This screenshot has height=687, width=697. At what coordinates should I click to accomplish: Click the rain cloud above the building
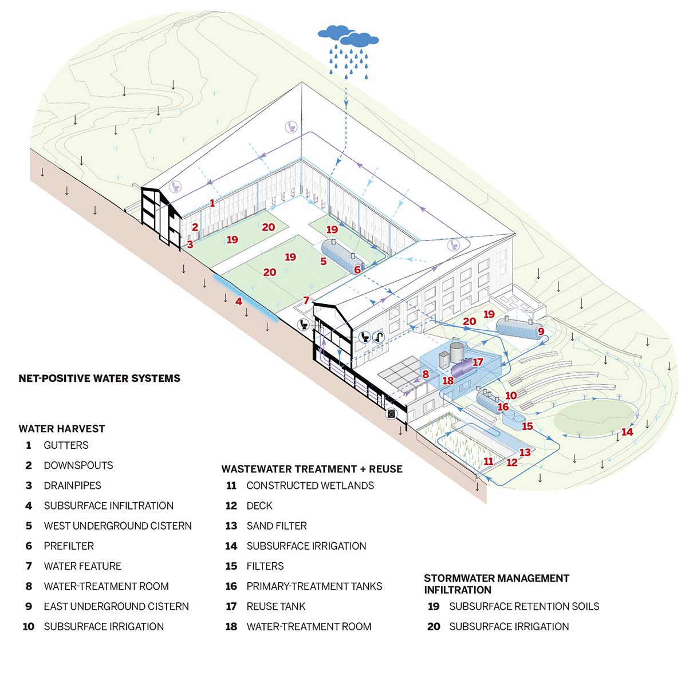[348, 37]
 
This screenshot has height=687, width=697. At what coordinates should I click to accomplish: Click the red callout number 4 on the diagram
[239, 301]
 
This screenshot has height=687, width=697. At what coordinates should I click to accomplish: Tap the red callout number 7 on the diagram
[306, 300]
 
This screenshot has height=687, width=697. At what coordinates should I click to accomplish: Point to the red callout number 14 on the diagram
[627, 432]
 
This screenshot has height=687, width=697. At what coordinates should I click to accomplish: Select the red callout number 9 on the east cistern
[541, 331]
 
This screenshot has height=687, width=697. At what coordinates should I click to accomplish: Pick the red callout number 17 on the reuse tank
[478, 362]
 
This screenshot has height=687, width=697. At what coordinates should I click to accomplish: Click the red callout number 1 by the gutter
[212, 203]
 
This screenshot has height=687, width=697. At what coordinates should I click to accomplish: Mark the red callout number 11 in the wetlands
[488, 461]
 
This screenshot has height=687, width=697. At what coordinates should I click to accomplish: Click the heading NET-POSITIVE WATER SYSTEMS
[99, 378]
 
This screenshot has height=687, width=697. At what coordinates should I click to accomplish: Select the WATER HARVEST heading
[62, 429]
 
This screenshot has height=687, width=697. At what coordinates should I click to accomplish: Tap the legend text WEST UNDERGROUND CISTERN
[117, 526]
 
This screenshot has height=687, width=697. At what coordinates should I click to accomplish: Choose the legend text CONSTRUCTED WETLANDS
[310, 486]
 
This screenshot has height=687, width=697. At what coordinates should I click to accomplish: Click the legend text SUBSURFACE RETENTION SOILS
[524, 606]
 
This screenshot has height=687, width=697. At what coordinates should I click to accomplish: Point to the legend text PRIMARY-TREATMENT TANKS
[314, 586]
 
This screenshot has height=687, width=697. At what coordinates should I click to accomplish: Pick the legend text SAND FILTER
[277, 526]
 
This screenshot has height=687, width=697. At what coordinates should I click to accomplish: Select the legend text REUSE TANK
[276, 606]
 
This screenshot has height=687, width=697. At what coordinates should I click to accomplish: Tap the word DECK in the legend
[259, 506]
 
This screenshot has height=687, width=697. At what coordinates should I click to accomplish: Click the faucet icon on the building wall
[379, 337]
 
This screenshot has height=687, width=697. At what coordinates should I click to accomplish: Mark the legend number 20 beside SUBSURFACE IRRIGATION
[434, 627]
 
